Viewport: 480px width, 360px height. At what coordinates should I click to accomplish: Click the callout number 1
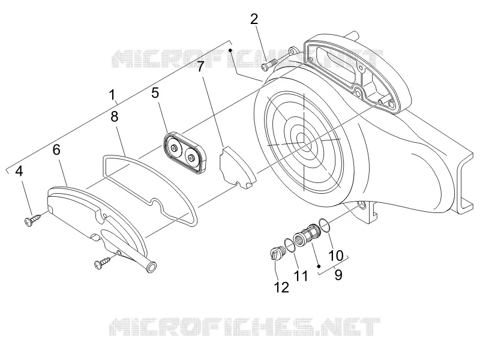click(113, 95)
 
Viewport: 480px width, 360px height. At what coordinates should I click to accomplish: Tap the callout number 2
click(254, 19)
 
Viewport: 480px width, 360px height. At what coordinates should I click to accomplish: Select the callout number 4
click(19, 171)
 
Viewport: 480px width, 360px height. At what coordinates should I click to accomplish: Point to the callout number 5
click(155, 93)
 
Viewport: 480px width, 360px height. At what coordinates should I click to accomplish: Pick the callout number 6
click(56, 149)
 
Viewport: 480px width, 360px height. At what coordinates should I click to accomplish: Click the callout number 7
click(200, 67)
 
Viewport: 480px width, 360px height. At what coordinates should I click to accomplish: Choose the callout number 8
click(114, 116)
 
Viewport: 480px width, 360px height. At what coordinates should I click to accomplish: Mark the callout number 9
click(338, 275)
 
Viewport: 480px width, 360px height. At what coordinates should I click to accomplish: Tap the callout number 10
click(336, 256)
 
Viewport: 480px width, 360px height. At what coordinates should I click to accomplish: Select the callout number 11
click(301, 276)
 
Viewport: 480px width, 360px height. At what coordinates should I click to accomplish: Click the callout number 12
click(281, 287)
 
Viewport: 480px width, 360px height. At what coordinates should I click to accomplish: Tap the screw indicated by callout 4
click(33, 220)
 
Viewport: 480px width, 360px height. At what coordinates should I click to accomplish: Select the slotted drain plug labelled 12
click(278, 253)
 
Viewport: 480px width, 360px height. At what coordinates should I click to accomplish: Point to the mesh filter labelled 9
click(307, 237)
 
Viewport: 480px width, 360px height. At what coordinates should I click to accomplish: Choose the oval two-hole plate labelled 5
click(183, 153)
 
